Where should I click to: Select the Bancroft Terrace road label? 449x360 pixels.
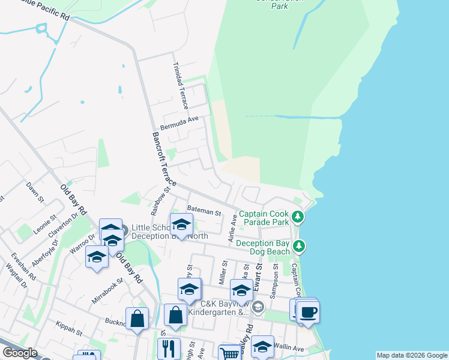click(164, 159)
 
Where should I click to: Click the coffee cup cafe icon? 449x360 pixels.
click(309, 313)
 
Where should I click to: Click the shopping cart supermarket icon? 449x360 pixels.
click(230, 353)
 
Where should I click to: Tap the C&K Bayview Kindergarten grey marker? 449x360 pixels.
click(259, 308)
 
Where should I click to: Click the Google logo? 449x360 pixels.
click(19, 353)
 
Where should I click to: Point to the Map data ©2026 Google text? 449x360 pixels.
click(411, 355)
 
